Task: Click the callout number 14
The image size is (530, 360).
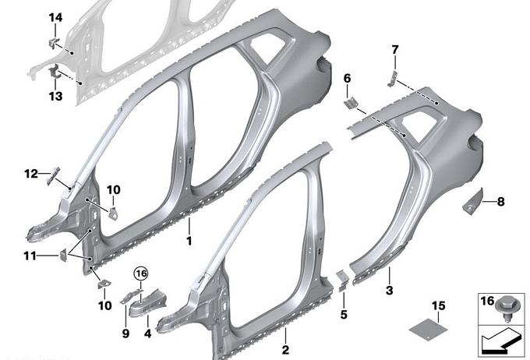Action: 56,18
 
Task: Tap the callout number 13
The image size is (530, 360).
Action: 56,97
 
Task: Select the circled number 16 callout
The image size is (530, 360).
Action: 141,274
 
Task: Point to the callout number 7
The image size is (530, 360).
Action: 395,50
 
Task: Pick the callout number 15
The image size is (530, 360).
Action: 438,306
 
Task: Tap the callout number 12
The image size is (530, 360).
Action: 30,174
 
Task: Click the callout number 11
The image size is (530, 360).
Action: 30,256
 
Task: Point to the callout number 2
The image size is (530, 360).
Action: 285,350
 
